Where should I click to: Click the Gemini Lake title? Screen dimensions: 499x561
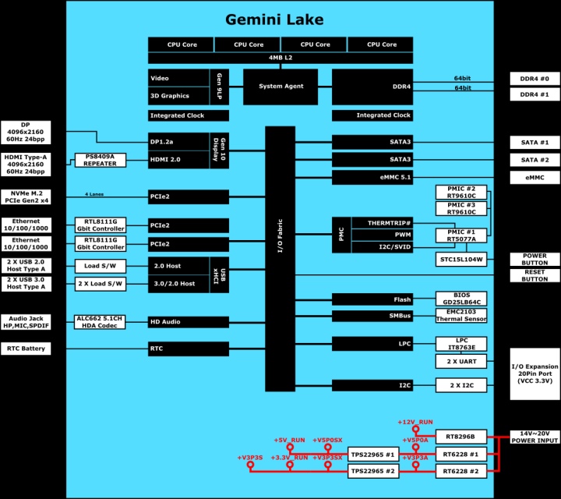coord(274,19)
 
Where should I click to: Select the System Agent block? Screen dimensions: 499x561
coord(281,87)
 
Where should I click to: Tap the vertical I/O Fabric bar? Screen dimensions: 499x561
coord(280,258)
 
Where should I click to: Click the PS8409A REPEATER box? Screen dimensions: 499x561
coord(100,160)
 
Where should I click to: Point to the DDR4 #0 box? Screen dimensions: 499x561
coord(535,79)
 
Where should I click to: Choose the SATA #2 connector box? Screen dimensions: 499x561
coord(535,160)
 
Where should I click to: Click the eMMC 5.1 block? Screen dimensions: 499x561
coord(372,178)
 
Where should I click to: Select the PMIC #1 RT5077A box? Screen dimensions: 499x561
coord(461,235)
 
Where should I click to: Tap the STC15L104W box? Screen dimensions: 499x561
coord(461,259)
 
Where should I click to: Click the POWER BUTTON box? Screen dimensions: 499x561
coord(535,259)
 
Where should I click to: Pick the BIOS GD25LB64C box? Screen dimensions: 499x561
coord(461,299)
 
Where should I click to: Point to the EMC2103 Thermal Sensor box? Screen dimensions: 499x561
coord(461,315)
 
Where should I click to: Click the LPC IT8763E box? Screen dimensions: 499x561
coord(461,344)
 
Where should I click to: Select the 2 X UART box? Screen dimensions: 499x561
coord(461,362)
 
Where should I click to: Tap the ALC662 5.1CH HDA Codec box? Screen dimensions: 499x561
coord(100,322)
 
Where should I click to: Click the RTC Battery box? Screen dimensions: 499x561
coord(26,349)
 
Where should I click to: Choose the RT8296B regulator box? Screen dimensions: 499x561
coord(461,436)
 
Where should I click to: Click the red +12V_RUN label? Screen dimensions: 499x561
coord(415,422)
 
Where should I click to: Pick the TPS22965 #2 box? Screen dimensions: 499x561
coord(373,472)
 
